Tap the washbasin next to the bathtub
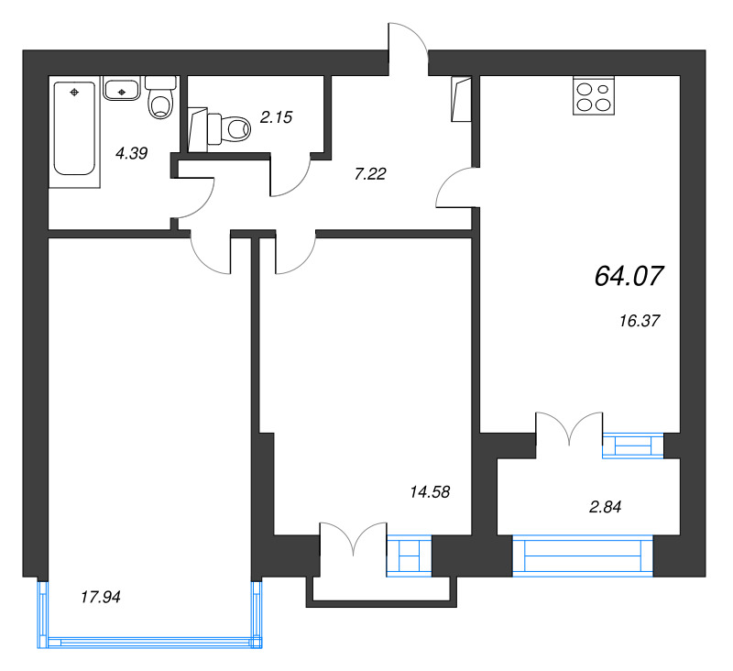pyautogui.click(x=121, y=89)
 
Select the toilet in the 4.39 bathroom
pyautogui.click(x=161, y=97)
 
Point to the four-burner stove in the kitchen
pyautogui.click(x=593, y=95)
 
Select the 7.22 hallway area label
pyautogui.click(x=370, y=172)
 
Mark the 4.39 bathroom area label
pyautogui.click(x=131, y=154)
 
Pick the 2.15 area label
pyautogui.click(x=276, y=116)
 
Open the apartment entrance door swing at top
pyautogui.click(x=408, y=46)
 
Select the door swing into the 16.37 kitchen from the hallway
pyautogui.click(x=455, y=189)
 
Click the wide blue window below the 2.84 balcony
pyautogui.click(x=583, y=556)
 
